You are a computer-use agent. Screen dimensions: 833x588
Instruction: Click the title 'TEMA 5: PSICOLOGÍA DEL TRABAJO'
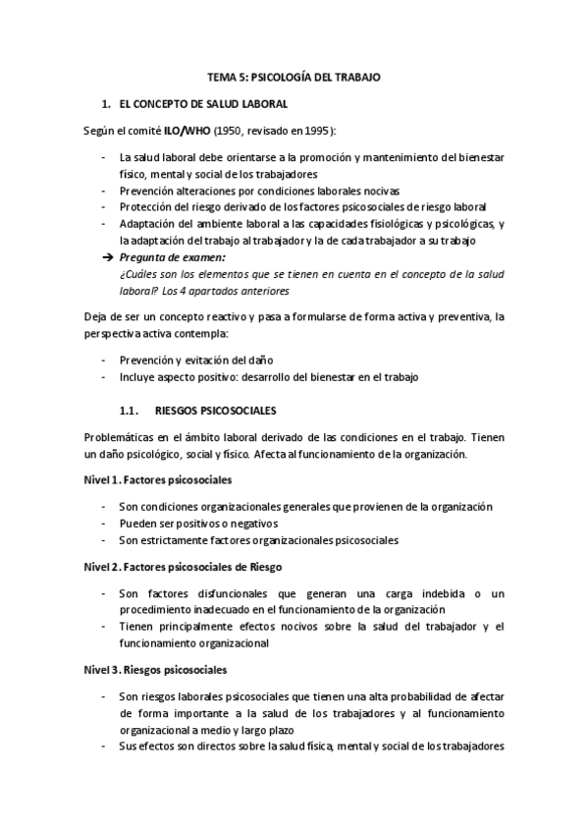coord(294,76)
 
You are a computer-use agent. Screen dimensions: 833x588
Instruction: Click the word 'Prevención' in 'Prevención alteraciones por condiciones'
coord(145,191)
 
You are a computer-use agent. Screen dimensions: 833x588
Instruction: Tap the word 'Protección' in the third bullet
coord(144,206)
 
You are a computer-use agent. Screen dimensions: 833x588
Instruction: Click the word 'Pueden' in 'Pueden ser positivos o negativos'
coord(136,524)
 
